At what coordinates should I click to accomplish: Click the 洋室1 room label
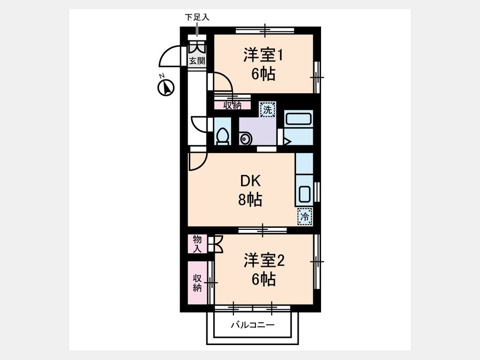(x=263, y=55)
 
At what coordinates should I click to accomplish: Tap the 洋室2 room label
(x=264, y=260)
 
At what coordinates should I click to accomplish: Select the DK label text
(x=250, y=181)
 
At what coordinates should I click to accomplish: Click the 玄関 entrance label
(x=197, y=60)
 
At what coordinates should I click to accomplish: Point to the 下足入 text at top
(x=197, y=17)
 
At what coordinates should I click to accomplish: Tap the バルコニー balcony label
(x=253, y=325)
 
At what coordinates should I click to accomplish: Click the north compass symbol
(x=166, y=87)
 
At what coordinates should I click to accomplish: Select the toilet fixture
(x=222, y=137)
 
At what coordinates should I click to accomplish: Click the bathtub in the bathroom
(x=299, y=119)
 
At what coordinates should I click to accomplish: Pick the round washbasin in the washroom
(x=245, y=139)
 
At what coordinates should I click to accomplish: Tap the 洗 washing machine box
(x=268, y=109)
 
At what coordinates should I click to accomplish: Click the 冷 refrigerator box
(x=305, y=217)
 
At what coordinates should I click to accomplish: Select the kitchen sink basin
(x=305, y=194)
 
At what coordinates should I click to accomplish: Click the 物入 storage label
(x=197, y=244)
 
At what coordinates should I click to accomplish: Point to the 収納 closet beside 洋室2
(x=197, y=283)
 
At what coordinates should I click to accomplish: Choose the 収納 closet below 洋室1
(x=233, y=105)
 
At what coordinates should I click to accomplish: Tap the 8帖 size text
(x=250, y=200)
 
